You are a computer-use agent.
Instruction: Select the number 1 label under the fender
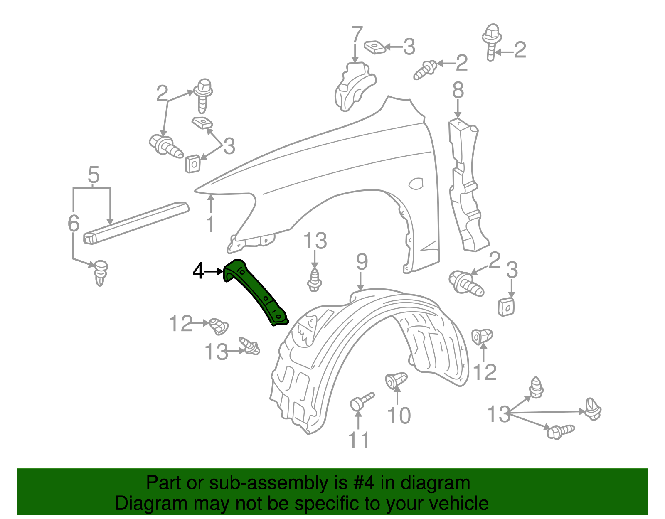click(210, 224)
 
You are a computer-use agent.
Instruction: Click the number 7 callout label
click(357, 36)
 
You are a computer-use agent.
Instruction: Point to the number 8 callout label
click(458, 90)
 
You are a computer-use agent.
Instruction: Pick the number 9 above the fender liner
click(362, 263)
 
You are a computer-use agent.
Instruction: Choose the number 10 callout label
click(399, 415)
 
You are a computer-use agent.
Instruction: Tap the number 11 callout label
click(358, 440)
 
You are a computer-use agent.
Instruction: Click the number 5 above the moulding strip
click(94, 175)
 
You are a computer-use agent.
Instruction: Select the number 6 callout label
click(74, 224)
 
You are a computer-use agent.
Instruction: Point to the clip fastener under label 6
click(100, 272)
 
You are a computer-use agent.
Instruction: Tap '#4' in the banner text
click(364, 483)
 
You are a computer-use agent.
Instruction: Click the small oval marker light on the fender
click(416, 183)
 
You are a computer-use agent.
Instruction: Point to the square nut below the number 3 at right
click(506, 307)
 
